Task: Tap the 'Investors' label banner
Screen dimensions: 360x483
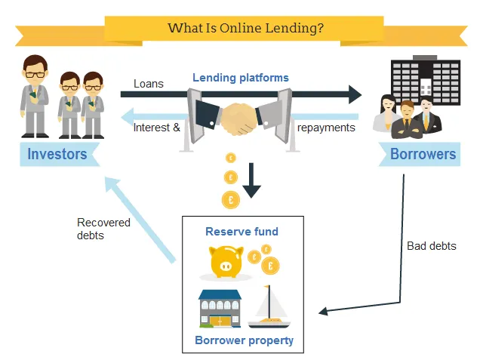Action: click(x=57, y=155)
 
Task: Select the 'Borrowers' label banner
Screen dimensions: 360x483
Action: click(x=423, y=155)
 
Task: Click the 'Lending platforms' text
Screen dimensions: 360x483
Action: click(x=240, y=78)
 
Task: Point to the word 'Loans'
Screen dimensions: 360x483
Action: click(x=149, y=84)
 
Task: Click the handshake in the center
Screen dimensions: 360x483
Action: click(x=239, y=117)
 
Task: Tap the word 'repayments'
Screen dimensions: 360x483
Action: click(x=326, y=128)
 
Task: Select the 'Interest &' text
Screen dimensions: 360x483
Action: click(x=156, y=128)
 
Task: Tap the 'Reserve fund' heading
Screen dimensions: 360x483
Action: click(x=241, y=232)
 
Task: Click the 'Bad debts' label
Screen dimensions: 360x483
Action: click(x=431, y=246)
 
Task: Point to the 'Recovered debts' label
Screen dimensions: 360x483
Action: click(x=103, y=229)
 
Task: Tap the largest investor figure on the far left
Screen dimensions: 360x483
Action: click(x=32, y=97)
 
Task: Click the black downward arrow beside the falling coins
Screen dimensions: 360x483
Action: click(x=251, y=181)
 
